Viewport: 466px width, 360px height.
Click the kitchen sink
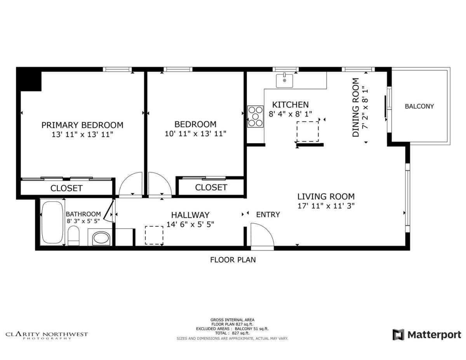point(284,81)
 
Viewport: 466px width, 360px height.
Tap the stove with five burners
point(255,117)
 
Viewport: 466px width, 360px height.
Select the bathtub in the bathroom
point(52,223)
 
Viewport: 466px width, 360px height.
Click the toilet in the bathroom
point(73,235)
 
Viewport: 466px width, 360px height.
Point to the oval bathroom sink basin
point(101,238)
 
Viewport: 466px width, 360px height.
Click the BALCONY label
point(419,106)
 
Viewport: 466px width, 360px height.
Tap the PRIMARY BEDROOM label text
point(82,125)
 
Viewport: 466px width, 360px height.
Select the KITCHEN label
point(290,104)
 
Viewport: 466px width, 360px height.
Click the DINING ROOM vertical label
point(356,108)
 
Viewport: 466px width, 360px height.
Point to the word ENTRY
point(268,214)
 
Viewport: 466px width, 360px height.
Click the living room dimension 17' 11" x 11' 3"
point(326,206)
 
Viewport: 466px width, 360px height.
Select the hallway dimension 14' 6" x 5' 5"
point(190,224)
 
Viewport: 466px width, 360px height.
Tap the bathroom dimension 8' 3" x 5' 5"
point(83,221)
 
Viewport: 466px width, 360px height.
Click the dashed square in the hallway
point(154,235)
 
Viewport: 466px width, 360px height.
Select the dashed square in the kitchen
point(308,131)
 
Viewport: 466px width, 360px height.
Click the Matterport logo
point(427,334)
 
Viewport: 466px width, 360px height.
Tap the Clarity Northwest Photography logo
point(47,335)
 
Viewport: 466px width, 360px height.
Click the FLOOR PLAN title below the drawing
point(233,260)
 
